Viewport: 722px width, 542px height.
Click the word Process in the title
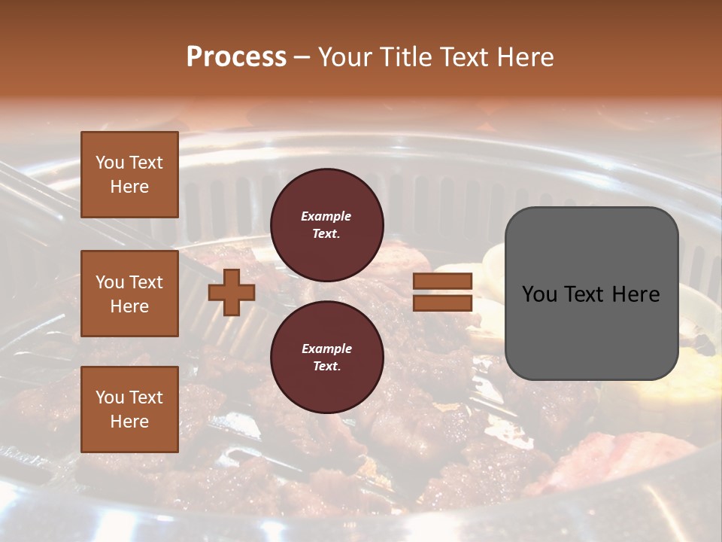[x=236, y=57]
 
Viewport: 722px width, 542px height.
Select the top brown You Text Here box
[x=129, y=175]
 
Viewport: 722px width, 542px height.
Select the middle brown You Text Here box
[x=129, y=294]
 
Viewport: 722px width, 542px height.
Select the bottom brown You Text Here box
[x=129, y=410]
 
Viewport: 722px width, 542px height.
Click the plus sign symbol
[x=232, y=293]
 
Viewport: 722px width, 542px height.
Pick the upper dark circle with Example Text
[x=326, y=224]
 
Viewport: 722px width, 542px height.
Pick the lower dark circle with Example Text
[x=326, y=357]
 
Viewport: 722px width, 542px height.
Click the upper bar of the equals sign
[x=442, y=282]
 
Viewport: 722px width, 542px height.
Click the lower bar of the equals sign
[x=442, y=303]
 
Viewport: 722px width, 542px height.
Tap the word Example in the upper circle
[x=326, y=216]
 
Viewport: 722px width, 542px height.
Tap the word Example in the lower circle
[x=326, y=349]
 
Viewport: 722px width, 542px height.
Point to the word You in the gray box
[x=538, y=294]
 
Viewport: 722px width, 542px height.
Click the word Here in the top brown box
[x=129, y=187]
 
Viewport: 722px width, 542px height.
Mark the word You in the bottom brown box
[x=110, y=397]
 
